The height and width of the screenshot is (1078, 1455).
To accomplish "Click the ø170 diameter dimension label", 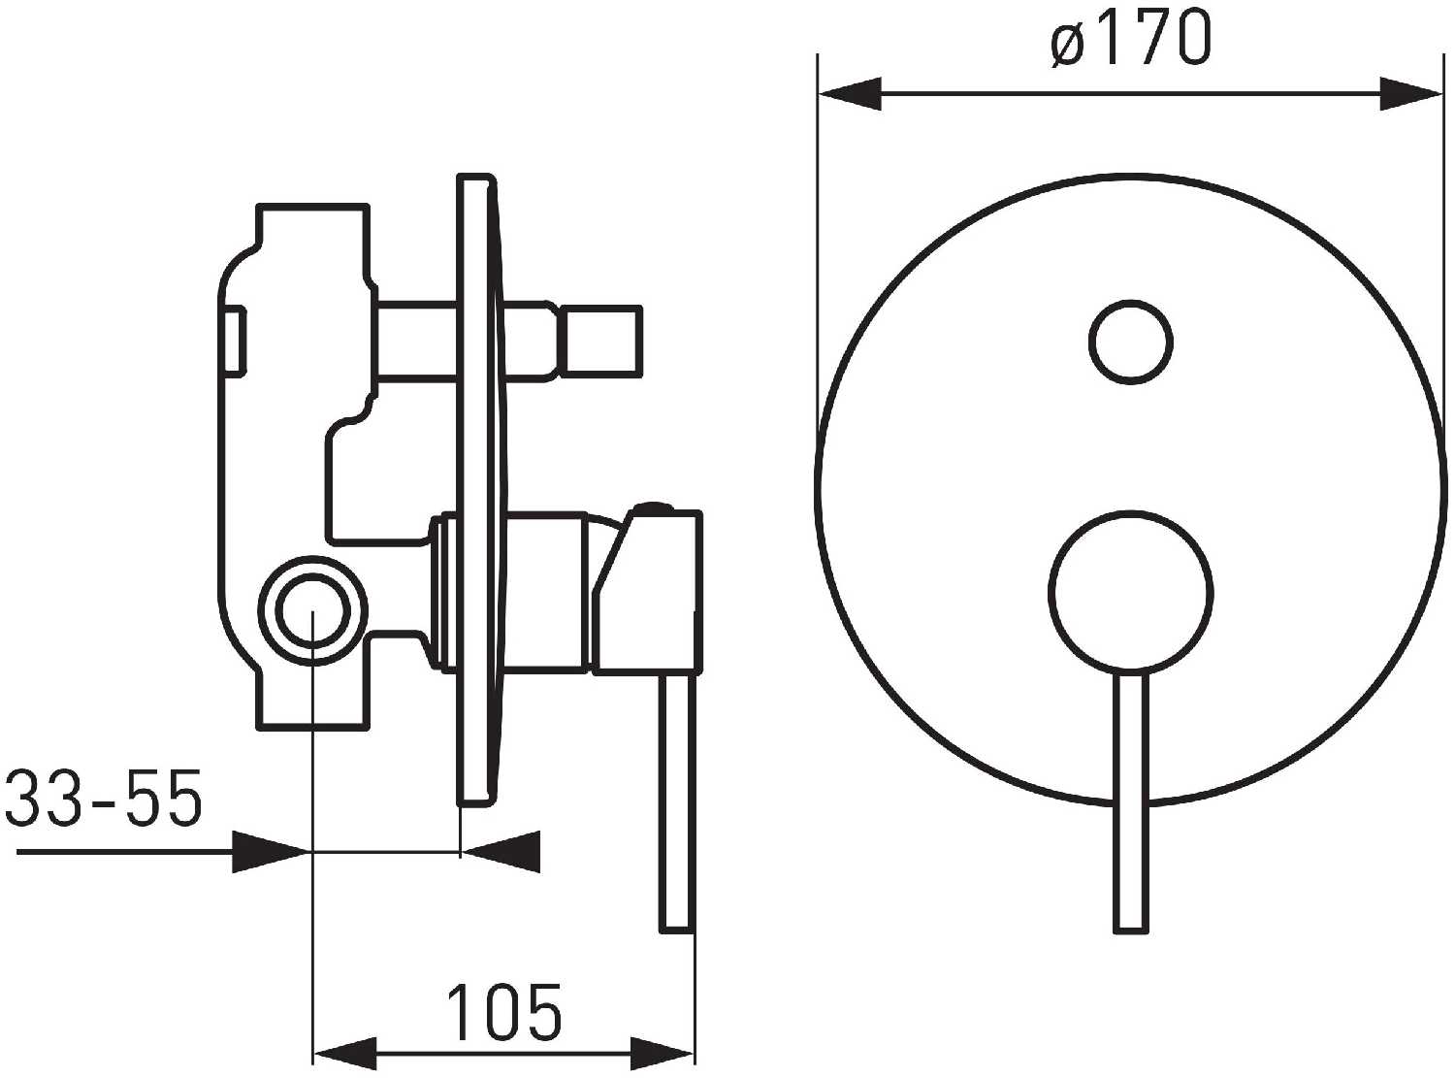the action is pos(1130,38).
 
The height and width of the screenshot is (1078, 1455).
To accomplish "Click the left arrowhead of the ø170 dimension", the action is pos(851,94).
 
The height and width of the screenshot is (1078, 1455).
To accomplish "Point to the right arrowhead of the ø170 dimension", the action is pos(1411,94).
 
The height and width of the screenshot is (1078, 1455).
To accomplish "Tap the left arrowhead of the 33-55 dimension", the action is pos(271,852).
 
